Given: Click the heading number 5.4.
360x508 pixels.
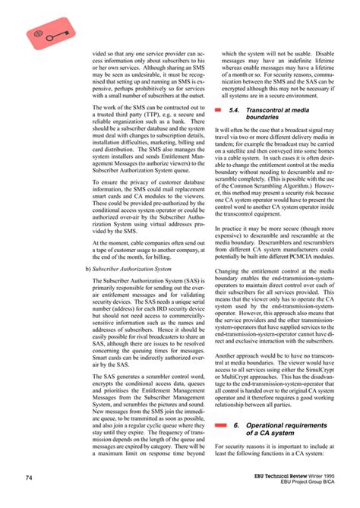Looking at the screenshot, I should coord(235,110).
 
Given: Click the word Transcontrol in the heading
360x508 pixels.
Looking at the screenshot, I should coord(265,110).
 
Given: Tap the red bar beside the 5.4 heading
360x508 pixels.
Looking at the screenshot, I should coord(219,111).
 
